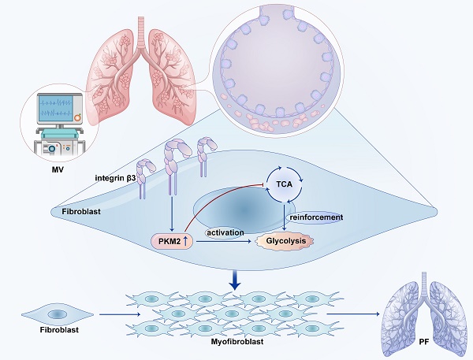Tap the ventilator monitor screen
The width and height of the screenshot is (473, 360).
pyautogui.click(x=56, y=110)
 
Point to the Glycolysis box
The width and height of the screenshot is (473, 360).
pyautogui.click(x=285, y=240)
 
